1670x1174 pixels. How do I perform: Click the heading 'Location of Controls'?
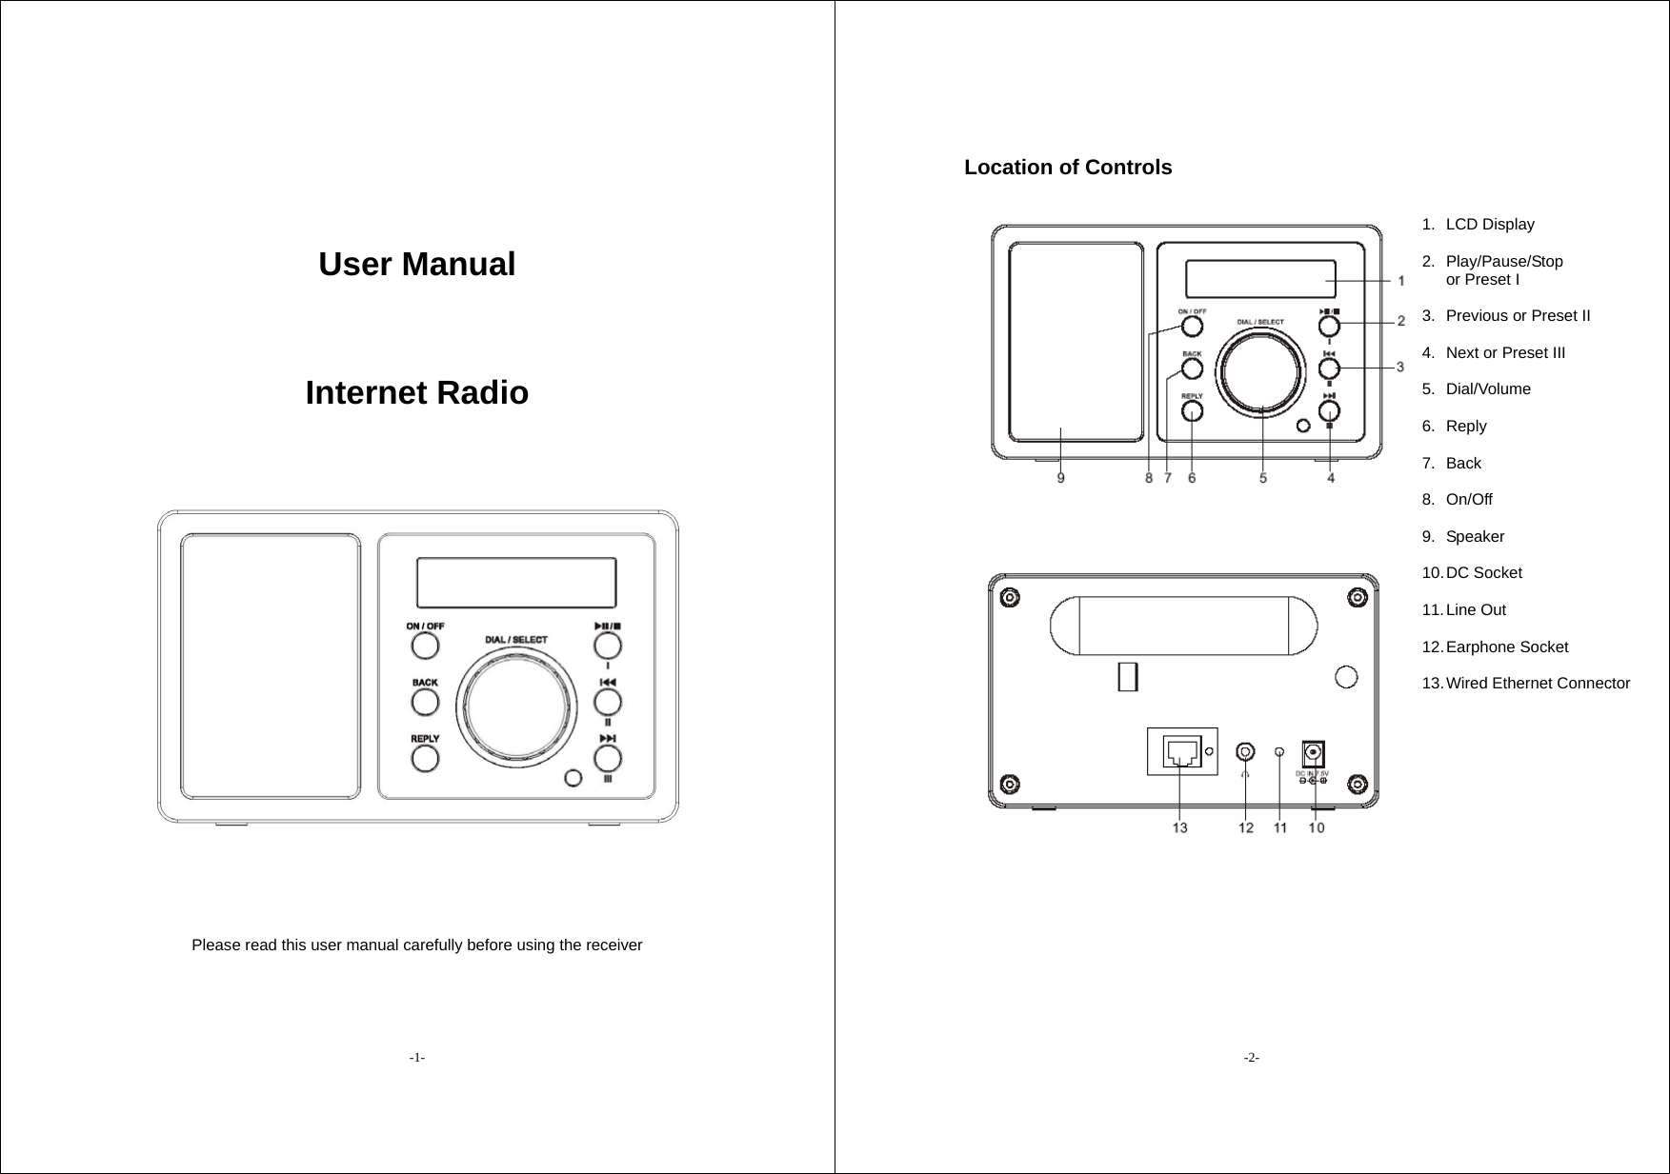(1068, 168)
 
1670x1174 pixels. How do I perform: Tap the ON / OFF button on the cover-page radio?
(425, 646)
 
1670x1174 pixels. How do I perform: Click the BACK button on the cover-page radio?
(425, 702)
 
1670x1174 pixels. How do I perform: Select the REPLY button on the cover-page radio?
(425, 758)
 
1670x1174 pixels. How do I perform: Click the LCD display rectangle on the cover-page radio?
(516, 583)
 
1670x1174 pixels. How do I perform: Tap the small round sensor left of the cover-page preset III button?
(573, 778)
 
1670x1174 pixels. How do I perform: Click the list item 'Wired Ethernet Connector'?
(1537, 684)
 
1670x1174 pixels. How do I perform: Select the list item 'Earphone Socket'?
(1506, 647)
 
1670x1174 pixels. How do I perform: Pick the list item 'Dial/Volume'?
(1488, 389)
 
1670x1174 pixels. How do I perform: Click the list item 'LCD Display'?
(1490, 225)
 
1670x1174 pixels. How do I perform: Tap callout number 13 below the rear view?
(1179, 827)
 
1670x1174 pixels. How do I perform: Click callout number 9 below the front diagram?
(1060, 478)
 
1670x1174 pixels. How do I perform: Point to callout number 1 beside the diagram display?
(1401, 281)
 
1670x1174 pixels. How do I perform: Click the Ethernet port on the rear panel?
(1182, 751)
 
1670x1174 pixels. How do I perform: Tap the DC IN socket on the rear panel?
(1314, 753)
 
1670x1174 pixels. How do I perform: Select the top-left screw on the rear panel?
(1009, 598)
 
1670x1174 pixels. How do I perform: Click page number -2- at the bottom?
(1251, 1058)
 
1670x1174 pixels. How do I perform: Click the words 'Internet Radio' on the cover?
(416, 392)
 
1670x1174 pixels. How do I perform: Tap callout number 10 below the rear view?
(1316, 827)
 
